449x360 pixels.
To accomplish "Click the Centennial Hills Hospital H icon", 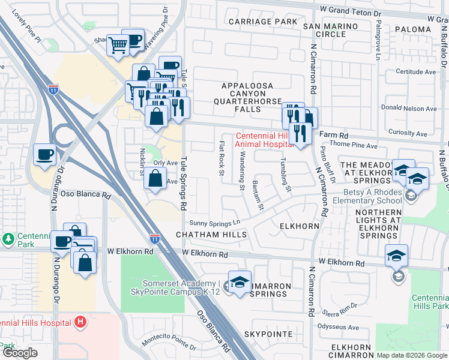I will [x=81, y=322].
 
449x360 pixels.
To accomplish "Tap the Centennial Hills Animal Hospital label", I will [x=264, y=140].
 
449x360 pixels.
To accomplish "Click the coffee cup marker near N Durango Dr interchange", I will [x=45, y=155].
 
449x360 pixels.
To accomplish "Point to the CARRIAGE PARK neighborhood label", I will [x=263, y=22].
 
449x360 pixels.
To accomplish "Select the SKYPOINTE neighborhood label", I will [x=268, y=334].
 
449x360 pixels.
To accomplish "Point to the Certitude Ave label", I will [x=416, y=72].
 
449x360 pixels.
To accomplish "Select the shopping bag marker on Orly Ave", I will [x=155, y=178].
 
